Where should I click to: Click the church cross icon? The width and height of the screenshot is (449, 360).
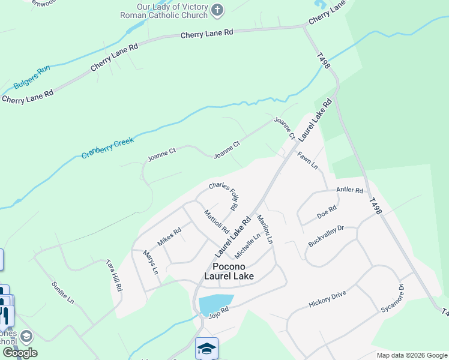click(x=217, y=10)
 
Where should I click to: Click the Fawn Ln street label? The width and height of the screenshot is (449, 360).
click(x=307, y=160)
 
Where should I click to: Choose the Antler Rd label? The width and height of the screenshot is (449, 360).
click(x=350, y=191)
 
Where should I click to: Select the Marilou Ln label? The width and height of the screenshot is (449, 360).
click(x=265, y=229)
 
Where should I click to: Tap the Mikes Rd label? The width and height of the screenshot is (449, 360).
click(x=169, y=236)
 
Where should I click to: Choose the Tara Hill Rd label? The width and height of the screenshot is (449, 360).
click(x=114, y=275)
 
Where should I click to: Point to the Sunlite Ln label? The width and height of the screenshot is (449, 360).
click(x=62, y=292)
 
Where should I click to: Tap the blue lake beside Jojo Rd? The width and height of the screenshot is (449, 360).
click(x=215, y=304)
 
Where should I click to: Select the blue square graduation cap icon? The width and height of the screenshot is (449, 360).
click(x=206, y=348)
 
